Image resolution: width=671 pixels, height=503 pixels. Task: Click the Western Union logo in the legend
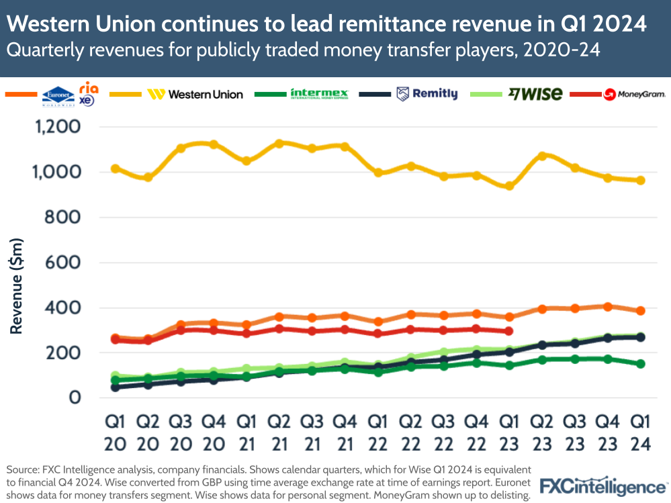pos(195,94)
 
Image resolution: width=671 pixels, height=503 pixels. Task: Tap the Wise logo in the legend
pos(535,94)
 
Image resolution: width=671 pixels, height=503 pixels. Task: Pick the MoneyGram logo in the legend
pos(634,95)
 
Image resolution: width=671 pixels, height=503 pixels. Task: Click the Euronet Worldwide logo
pos(58,95)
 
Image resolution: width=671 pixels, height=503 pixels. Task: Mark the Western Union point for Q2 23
pos(543,156)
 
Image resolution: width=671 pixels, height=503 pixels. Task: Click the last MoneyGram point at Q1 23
pos(508,331)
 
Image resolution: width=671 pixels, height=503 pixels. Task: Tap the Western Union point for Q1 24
pos(640,180)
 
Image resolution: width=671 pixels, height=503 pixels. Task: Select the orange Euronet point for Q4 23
pos(607,307)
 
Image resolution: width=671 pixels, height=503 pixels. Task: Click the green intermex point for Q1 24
pos(640,364)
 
